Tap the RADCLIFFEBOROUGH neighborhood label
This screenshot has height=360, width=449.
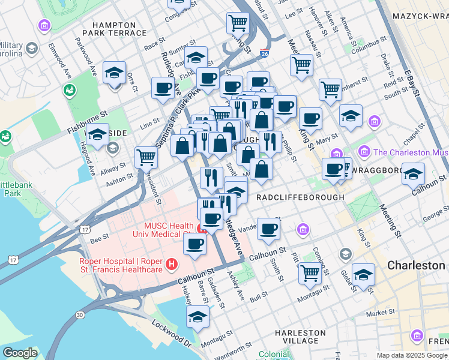[300, 197]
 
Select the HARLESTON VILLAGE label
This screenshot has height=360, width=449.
[300, 337]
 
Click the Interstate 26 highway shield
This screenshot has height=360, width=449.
[264, 54]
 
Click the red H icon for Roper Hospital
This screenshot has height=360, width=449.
[172, 264]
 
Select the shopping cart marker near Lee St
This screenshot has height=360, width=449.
[238, 23]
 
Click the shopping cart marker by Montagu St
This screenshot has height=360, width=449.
[310, 272]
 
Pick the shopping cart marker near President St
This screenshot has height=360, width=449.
[146, 157]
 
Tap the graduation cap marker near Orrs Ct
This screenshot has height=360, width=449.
[114, 73]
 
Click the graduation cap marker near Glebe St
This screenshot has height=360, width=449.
[363, 274]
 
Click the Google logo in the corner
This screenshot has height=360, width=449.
[20, 353]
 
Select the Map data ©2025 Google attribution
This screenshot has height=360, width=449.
[412, 355]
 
